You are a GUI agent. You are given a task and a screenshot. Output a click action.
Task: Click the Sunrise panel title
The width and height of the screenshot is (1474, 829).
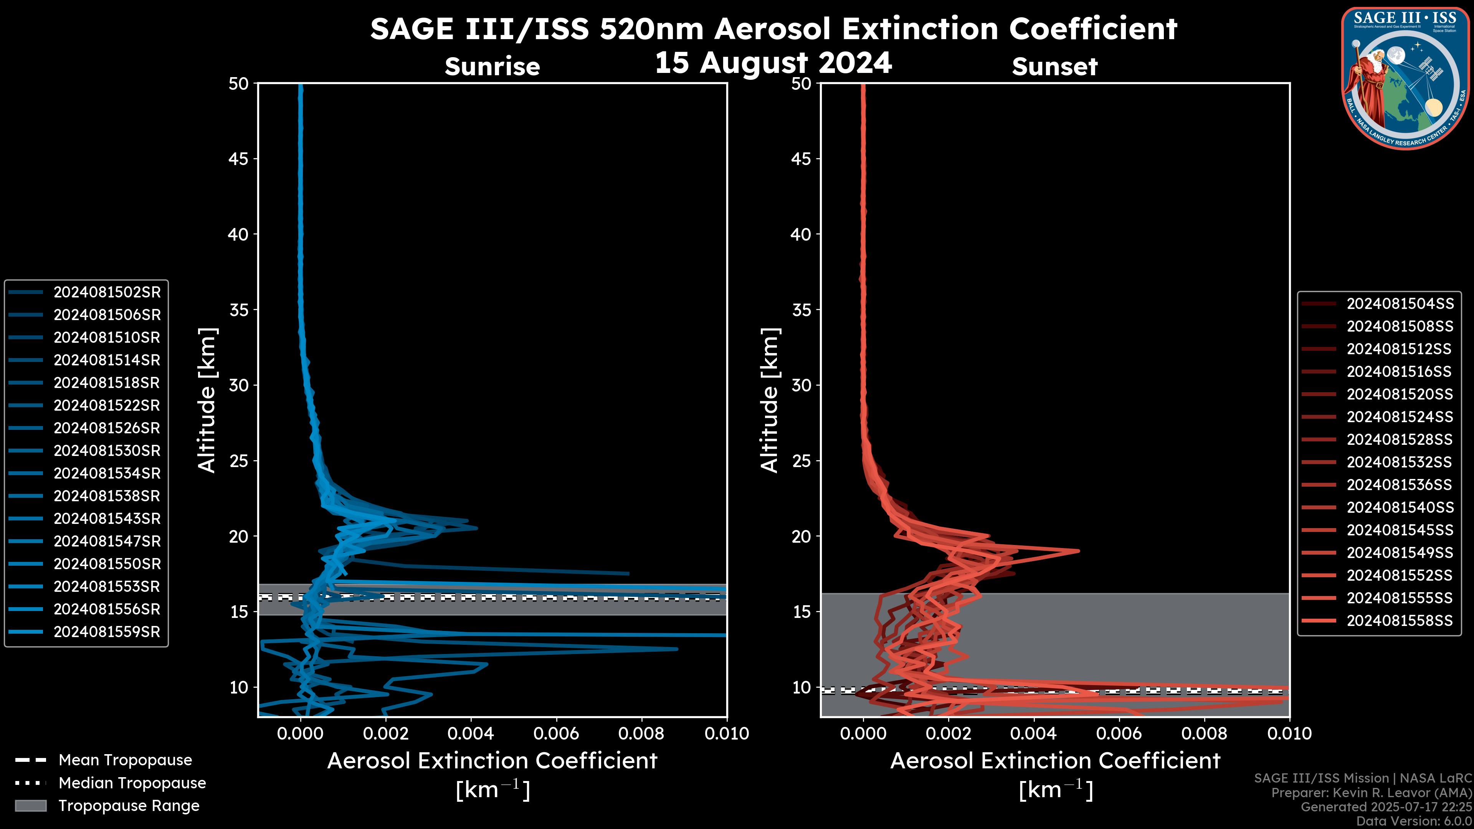(x=492, y=66)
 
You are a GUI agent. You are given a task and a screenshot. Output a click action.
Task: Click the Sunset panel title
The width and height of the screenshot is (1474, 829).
(x=1054, y=66)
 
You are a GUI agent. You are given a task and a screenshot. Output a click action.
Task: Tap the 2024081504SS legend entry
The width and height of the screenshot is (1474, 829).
(x=1400, y=304)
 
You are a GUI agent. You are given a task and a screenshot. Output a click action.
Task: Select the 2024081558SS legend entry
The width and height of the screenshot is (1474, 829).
(x=1400, y=621)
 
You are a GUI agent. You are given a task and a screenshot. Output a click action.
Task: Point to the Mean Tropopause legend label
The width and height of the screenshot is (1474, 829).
(x=125, y=760)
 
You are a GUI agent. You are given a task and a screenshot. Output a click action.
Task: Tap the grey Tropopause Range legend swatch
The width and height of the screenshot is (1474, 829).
(x=30, y=806)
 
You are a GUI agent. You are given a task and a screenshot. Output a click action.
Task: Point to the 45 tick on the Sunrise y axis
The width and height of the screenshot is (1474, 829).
(x=239, y=159)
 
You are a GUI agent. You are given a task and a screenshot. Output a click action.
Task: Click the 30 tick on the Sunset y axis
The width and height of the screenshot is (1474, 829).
(x=801, y=385)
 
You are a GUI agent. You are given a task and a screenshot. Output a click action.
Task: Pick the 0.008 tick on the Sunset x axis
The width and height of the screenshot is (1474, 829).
(x=1204, y=733)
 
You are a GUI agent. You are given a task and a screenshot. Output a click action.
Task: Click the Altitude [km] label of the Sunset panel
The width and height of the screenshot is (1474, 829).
(x=770, y=400)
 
